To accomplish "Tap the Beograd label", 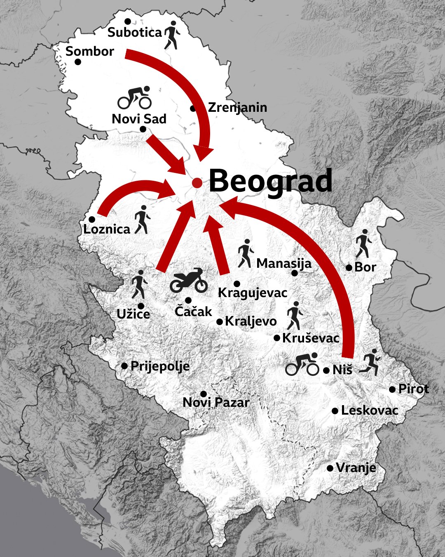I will pyautogui.click(x=270, y=181).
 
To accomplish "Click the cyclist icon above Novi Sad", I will pyautogui.click(x=135, y=98).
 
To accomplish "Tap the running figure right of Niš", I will pyautogui.click(x=369, y=362).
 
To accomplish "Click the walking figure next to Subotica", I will pyautogui.click(x=171, y=35).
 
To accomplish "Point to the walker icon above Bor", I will pyautogui.click(x=363, y=243).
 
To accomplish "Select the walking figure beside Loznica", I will pyautogui.click(x=142, y=219).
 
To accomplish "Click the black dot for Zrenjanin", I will pyautogui.click(x=193, y=109).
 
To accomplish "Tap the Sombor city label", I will pyautogui.click(x=90, y=52).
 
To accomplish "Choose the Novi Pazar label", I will pyautogui.click(x=216, y=402).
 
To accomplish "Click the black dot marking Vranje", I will pyautogui.click(x=330, y=468).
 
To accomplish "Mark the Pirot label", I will pyautogui.click(x=413, y=389).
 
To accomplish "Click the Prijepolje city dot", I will pyautogui.click(x=124, y=366).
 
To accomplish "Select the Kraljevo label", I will pyautogui.click(x=251, y=321).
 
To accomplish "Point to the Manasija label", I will pyautogui.click(x=284, y=263).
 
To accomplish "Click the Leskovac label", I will pyautogui.click(x=370, y=411).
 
